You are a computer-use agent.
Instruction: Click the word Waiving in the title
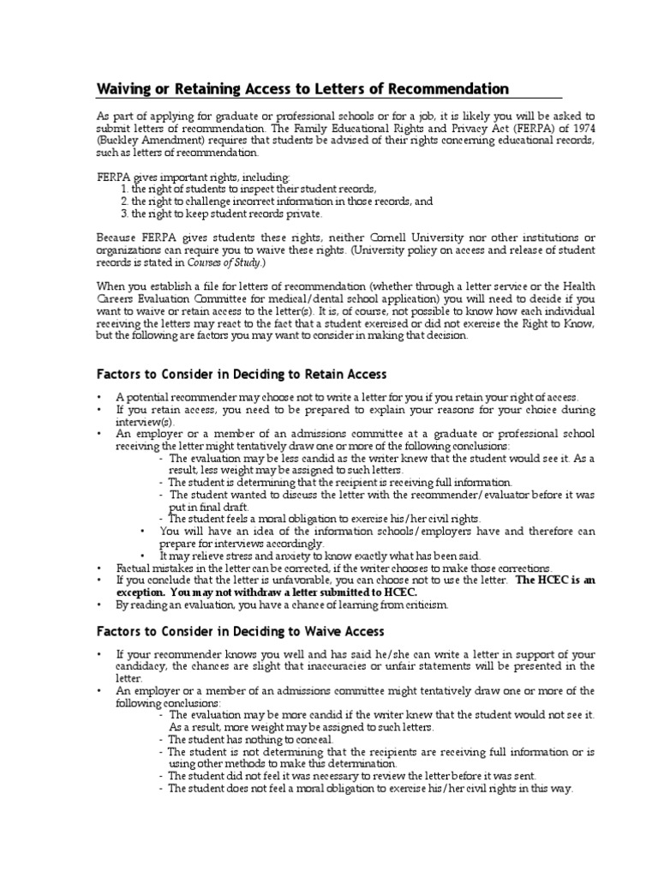point(125,89)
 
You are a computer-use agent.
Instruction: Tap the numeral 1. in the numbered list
point(124,189)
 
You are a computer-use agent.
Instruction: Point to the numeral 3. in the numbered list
point(124,213)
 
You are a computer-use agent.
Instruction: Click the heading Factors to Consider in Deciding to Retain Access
point(241,374)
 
